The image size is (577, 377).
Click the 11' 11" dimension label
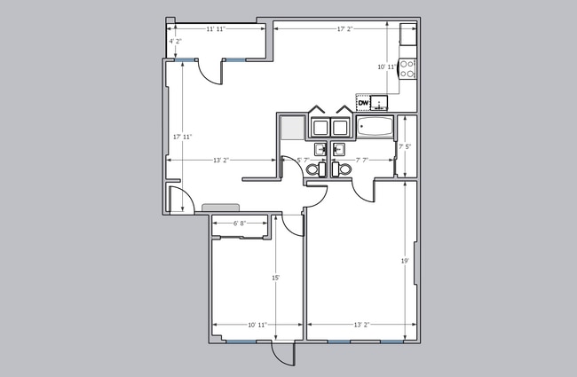click(x=216, y=29)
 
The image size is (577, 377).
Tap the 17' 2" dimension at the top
click(x=345, y=29)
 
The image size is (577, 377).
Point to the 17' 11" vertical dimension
click(x=182, y=137)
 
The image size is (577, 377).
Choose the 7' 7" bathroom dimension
click(x=362, y=161)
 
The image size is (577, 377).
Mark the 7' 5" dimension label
click(x=405, y=146)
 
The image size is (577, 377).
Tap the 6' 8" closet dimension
click(x=240, y=224)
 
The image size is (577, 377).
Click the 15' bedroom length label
click(x=276, y=278)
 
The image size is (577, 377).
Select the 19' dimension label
click(x=404, y=261)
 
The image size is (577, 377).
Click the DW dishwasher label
click(x=364, y=104)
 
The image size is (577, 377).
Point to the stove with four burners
click(x=407, y=69)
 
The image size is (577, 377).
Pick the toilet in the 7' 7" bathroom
click(x=341, y=169)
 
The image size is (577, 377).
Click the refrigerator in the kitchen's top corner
click(x=407, y=35)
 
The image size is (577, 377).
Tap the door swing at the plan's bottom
click(x=282, y=354)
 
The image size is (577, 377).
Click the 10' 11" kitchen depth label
click(x=386, y=67)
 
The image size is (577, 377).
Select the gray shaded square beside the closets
click(x=291, y=128)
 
